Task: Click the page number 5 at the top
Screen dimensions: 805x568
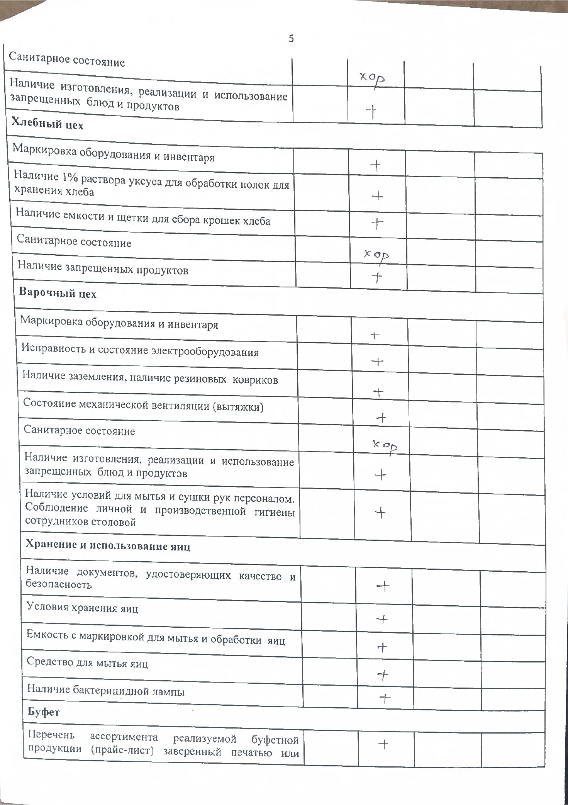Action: point(291,39)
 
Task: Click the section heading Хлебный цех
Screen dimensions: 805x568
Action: point(47,124)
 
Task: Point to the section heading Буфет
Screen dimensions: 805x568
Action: point(44,712)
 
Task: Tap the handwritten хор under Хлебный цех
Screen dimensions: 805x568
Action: point(377,255)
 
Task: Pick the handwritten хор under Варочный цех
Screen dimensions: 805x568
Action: point(385,447)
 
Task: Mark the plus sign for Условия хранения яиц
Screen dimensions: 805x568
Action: point(382,619)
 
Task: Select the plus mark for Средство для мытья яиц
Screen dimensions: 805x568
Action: point(383,674)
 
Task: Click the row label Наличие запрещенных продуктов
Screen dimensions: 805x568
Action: point(103,267)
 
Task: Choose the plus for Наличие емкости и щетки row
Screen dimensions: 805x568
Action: point(377,222)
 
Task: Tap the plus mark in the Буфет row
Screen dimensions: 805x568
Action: point(383,744)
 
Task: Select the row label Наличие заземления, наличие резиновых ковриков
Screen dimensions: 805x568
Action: point(150,377)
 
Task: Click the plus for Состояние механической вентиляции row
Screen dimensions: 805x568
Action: point(381,418)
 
